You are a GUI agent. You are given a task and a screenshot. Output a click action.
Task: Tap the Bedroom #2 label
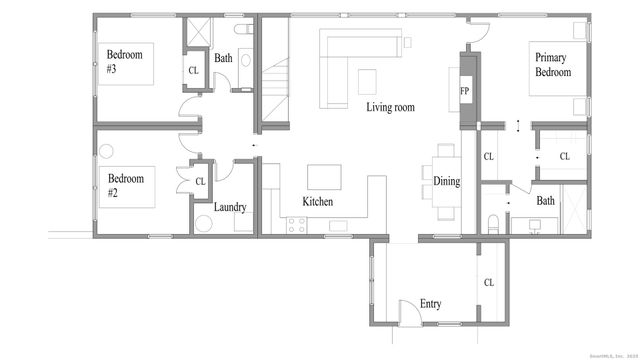pyautogui.click(x=126, y=186)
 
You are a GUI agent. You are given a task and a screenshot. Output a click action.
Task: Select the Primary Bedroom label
pyautogui.click(x=553, y=66)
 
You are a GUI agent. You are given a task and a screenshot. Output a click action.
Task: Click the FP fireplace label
pyautogui.click(x=465, y=92)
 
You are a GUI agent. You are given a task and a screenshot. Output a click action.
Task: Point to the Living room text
pyautogui.click(x=390, y=107)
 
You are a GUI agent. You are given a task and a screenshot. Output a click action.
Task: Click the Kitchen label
pyautogui.click(x=319, y=202)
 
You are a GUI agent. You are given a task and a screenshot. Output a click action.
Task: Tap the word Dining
pyautogui.click(x=447, y=181)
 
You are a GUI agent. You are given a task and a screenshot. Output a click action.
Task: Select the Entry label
pyautogui.click(x=432, y=304)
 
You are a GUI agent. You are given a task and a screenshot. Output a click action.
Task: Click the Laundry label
pyautogui.click(x=230, y=207)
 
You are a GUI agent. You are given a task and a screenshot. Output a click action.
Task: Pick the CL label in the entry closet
pyautogui.click(x=489, y=283)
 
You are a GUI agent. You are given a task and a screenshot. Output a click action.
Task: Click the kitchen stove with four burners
pyautogui.click(x=296, y=224)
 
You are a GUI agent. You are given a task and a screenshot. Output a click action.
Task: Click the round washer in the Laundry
pyautogui.click(x=204, y=224)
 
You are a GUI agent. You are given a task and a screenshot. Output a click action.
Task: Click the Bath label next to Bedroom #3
pyautogui.click(x=223, y=58)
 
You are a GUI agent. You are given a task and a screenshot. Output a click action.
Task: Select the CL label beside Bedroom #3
pyautogui.click(x=193, y=70)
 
